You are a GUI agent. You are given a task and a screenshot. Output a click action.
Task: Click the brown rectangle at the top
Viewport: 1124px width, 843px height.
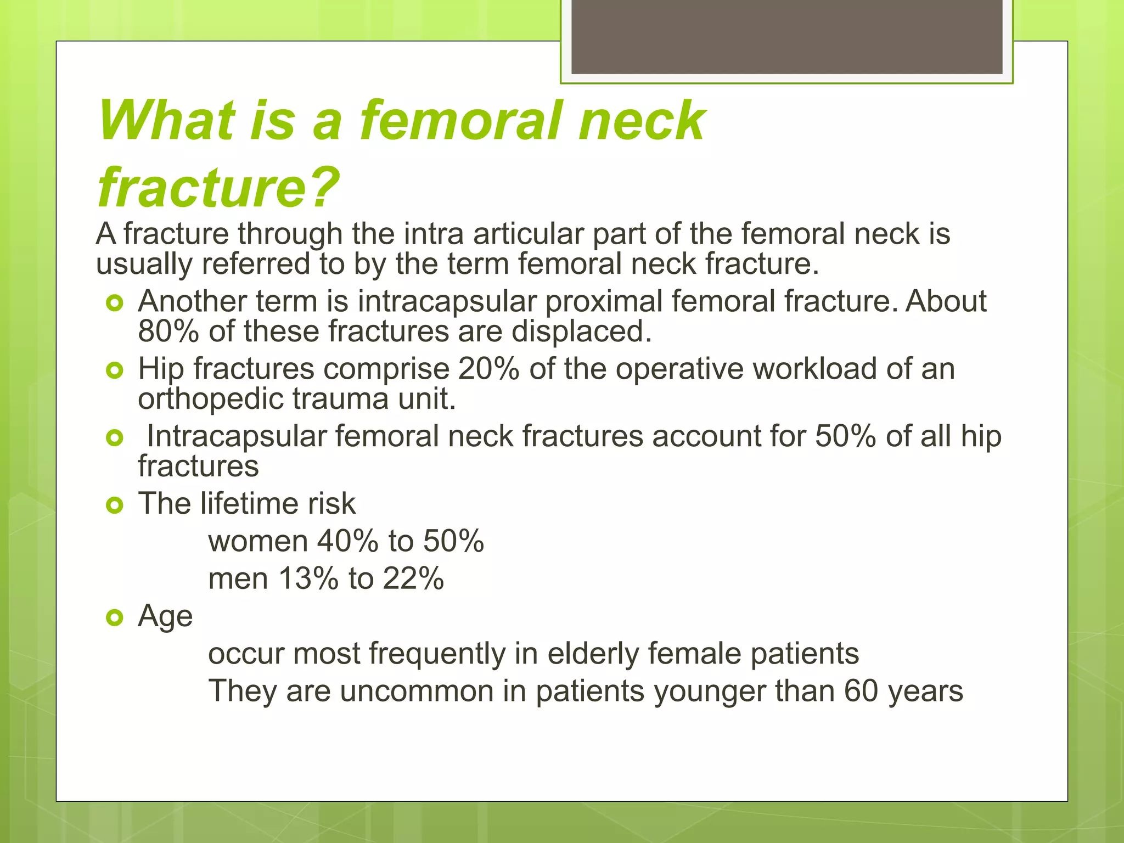click(x=786, y=36)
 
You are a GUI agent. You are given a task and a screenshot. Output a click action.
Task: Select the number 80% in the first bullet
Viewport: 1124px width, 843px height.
click(x=168, y=331)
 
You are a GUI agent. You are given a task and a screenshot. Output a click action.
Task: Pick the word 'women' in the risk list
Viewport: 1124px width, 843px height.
click(x=258, y=541)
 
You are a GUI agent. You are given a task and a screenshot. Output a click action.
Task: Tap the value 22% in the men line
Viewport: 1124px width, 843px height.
click(x=413, y=578)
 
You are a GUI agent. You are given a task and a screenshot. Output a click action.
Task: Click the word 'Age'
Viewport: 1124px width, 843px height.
click(x=165, y=616)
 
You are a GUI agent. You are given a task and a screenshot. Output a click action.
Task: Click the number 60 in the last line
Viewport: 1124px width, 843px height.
click(x=861, y=691)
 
